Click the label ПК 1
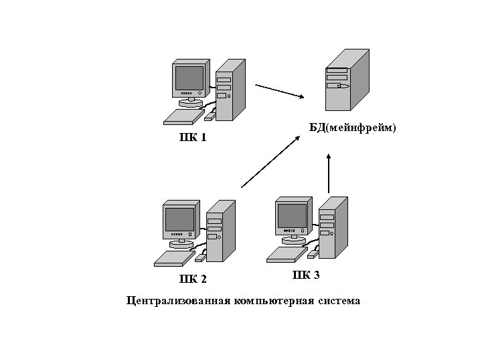(x=193, y=138)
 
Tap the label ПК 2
(x=193, y=279)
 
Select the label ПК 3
(x=306, y=275)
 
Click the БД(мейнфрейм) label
(x=353, y=127)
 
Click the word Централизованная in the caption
(x=179, y=301)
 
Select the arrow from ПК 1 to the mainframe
(x=280, y=91)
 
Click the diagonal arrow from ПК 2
(x=270, y=160)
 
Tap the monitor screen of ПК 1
(x=189, y=78)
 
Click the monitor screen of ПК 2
(x=179, y=219)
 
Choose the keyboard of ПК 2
(x=174, y=258)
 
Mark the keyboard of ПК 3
(x=287, y=254)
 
